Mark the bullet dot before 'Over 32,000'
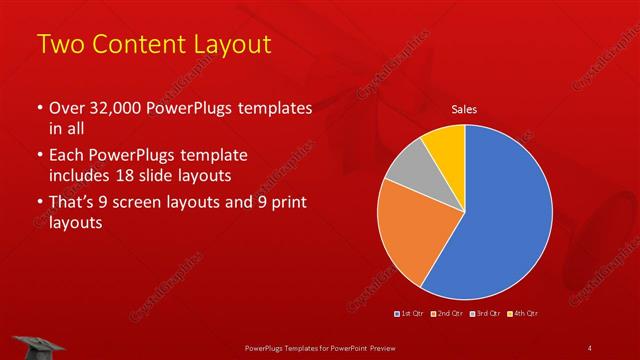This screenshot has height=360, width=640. click(39, 108)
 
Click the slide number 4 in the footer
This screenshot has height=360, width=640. click(589, 347)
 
